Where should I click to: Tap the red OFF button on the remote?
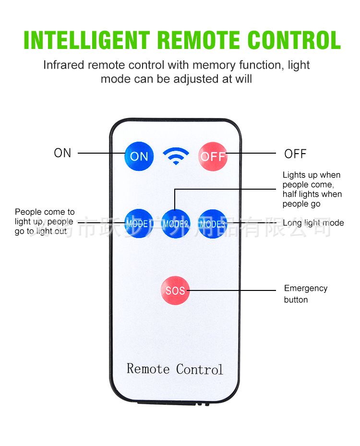click(213, 156)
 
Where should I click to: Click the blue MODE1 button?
click(139, 223)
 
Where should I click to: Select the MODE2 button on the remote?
click(175, 223)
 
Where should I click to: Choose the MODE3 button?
click(212, 223)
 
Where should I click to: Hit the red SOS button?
click(175, 290)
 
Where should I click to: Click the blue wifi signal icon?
click(176, 156)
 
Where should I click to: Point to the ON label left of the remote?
click(62, 153)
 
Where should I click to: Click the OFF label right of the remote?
click(295, 154)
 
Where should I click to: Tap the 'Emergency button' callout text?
click(305, 294)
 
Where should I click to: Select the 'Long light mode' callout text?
click(313, 223)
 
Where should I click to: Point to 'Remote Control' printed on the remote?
click(175, 369)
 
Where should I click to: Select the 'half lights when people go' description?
click(312, 199)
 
